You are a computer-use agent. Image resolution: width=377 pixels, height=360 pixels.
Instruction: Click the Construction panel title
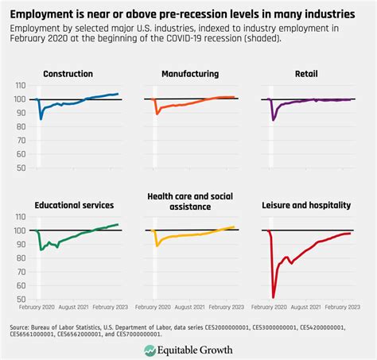coord(69,73)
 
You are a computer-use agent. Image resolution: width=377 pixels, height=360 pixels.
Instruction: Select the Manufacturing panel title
coord(189,73)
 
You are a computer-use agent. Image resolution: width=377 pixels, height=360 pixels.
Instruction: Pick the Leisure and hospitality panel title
coord(306,204)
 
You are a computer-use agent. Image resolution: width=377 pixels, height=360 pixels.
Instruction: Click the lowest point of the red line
coord(273,297)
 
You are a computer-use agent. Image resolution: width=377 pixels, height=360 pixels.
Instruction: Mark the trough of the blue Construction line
coord(41,119)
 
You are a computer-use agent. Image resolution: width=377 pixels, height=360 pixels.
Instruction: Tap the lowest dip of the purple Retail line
coord(274,120)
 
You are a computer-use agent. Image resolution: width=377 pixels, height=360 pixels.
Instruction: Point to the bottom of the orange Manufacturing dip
coord(157,114)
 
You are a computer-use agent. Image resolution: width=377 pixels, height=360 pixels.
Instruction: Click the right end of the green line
coord(119,224)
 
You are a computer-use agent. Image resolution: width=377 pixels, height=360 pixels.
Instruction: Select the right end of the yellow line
coord(235,226)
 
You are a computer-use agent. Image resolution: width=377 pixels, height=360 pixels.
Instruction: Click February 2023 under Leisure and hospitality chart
coord(340,305)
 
